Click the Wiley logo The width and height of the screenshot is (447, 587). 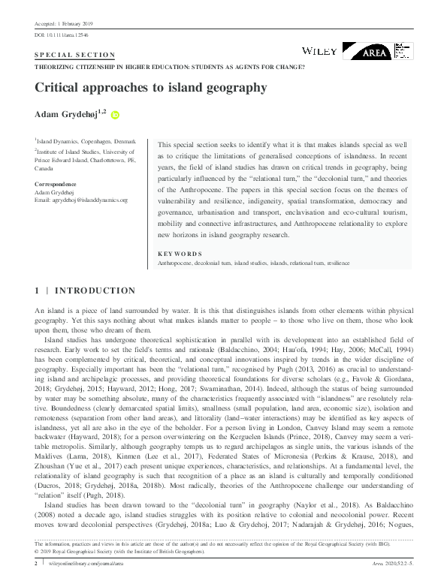[x=319, y=50]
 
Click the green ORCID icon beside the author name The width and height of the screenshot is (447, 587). [x=116, y=115]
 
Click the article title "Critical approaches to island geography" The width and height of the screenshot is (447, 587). [x=150, y=88]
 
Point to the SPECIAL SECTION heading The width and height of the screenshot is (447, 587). [x=74, y=55]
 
